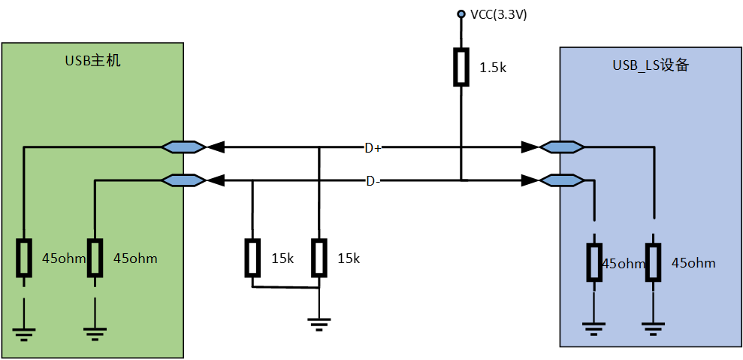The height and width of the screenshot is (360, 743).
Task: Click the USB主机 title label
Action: pos(92,61)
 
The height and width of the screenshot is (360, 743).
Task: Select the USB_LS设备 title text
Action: pos(651,65)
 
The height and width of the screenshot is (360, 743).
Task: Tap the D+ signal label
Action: pos(373,148)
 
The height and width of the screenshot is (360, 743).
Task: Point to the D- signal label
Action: pos(373,181)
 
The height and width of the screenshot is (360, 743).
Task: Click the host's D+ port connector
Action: pos(183,147)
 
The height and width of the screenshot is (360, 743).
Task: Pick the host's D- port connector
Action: pos(183,180)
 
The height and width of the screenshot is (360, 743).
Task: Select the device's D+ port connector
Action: pos(563,147)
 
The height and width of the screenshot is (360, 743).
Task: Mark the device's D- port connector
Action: pos(563,180)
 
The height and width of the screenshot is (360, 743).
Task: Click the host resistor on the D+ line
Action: pos(24,258)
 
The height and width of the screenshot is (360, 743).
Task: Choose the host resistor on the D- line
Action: pos(95,258)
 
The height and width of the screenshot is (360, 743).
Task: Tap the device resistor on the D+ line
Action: pos(653,262)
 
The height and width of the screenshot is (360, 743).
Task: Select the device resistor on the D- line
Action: pos(594,262)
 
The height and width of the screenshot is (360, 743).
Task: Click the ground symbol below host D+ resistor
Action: pos(24,333)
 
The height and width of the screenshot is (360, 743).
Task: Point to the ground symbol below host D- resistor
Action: pos(95,333)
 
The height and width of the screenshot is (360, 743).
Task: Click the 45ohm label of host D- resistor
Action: pos(135,259)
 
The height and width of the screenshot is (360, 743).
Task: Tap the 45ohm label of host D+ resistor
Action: pos(63,259)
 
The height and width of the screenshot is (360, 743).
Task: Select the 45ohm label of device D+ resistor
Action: pos(693,263)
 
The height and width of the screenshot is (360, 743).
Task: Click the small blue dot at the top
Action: pos(461,14)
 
